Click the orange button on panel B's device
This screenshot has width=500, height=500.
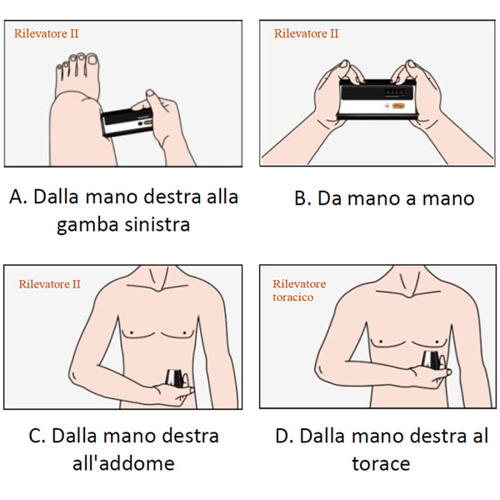(398, 106)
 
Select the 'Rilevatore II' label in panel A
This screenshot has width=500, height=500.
(46, 33)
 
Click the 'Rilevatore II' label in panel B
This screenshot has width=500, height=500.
(306, 33)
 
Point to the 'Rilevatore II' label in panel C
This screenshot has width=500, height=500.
(49, 284)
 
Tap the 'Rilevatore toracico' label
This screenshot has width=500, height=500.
(299, 290)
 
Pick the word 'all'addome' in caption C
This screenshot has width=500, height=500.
(123, 463)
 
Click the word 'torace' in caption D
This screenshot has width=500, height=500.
(381, 464)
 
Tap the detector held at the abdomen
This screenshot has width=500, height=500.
(175, 378)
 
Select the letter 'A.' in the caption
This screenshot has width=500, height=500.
(18, 197)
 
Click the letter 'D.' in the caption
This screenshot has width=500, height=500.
(284, 436)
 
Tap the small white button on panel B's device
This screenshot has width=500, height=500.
(387, 106)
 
